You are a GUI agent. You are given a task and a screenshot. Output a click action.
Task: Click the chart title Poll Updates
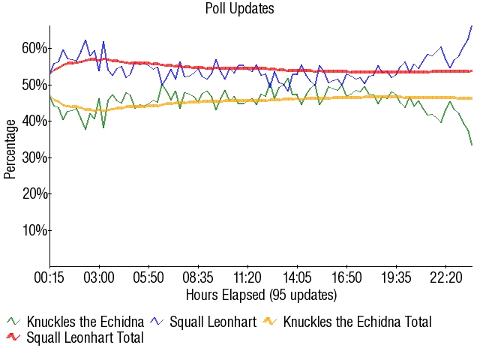pyautogui.click(x=240, y=9)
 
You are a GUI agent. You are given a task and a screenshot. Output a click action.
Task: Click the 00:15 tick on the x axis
pyautogui.click(x=50, y=277)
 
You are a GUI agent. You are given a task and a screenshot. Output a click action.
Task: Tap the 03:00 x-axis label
pyautogui.click(x=99, y=277)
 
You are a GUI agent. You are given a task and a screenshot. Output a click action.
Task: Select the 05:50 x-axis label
pyautogui.click(x=148, y=277)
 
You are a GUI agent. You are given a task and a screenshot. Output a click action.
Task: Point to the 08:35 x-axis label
pyautogui.click(x=198, y=277)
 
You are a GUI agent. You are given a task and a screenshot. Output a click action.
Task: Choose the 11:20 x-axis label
pyautogui.click(x=247, y=277)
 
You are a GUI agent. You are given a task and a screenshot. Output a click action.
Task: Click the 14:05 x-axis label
pyautogui.click(x=297, y=277)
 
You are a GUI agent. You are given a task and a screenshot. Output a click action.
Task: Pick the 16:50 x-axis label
pyautogui.click(x=346, y=277)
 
